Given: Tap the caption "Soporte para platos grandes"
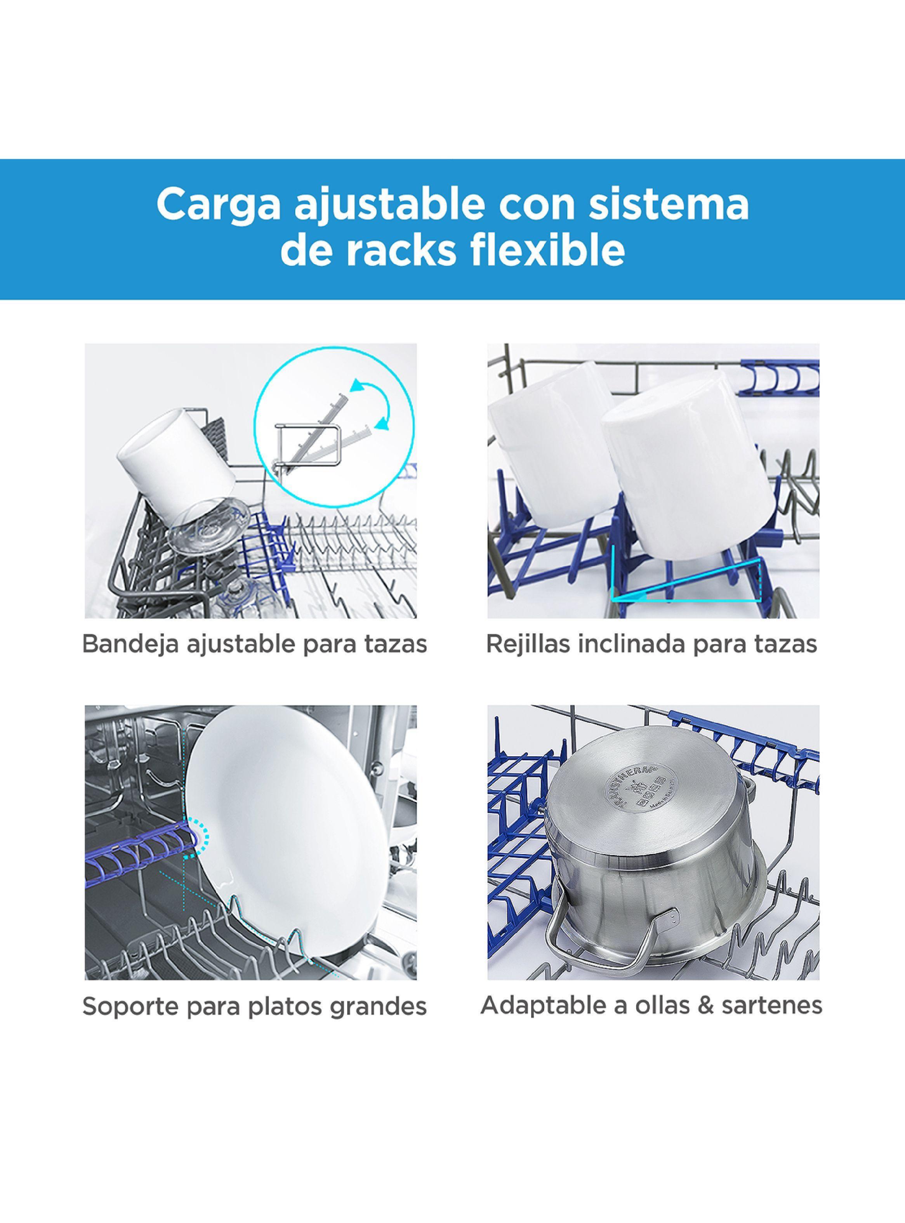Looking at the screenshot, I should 254,1006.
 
